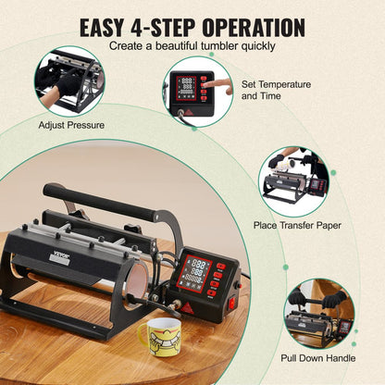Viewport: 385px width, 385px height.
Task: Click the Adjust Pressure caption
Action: [x=71, y=123]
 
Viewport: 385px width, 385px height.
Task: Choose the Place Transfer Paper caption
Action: [x=296, y=225]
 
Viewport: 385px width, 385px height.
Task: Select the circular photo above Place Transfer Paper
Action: [x=293, y=179]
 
